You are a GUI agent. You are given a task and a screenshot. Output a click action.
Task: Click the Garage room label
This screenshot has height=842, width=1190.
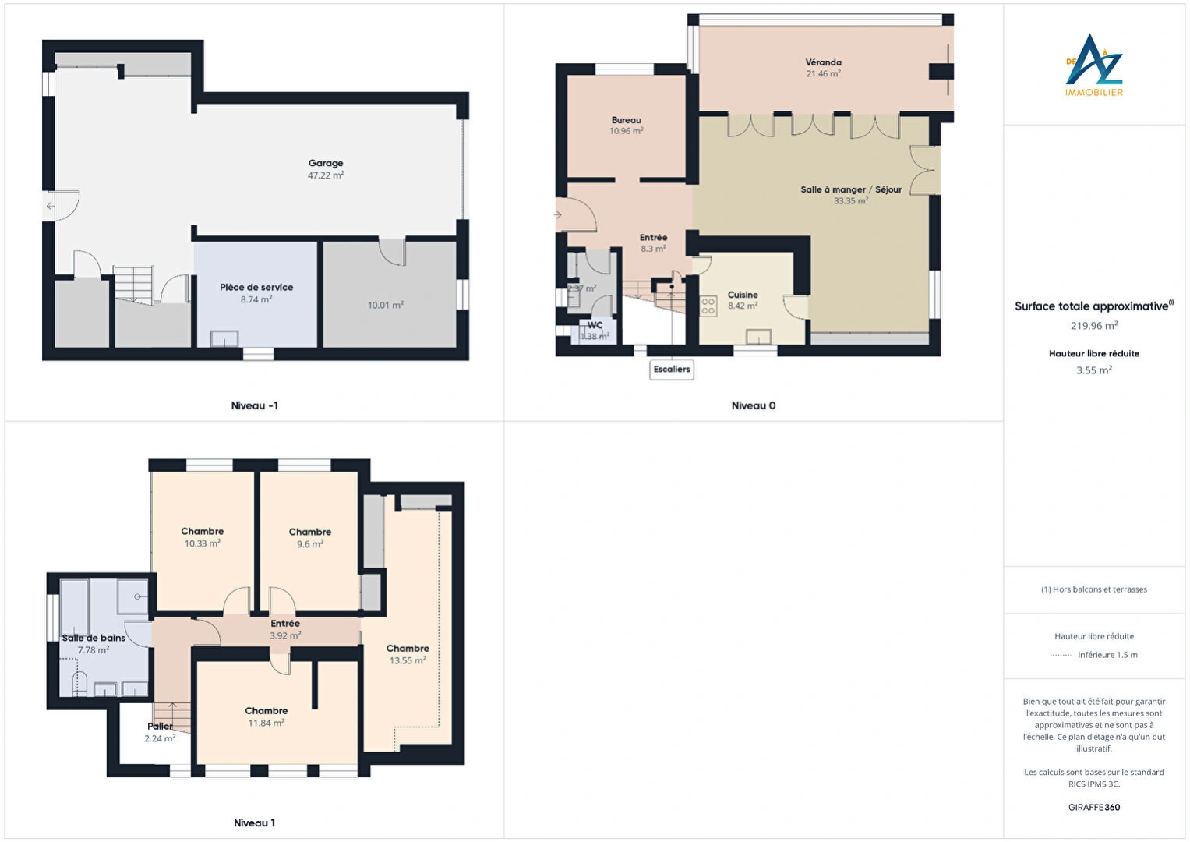click(x=326, y=164)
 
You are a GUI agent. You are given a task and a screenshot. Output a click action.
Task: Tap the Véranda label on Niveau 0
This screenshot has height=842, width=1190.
click(x=823, y=62)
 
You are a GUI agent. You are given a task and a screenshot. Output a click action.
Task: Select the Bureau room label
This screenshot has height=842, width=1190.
click(x=627, y=120)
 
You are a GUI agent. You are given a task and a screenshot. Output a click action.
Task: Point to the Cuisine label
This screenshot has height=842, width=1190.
click(x=743, y=295)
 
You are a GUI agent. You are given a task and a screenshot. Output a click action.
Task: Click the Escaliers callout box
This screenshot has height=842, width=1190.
click(x=672, y=370)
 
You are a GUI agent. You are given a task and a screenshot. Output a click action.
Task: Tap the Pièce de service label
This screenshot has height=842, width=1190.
click(x=256, y=288)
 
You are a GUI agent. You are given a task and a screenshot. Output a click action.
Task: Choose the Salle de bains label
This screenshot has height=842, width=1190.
click(x=94, y=638)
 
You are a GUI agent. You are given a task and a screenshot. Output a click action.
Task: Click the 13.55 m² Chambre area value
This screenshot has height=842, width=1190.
click(x=408, y=661)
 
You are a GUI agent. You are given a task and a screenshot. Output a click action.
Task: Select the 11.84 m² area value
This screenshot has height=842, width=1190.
click(x=267, y=723)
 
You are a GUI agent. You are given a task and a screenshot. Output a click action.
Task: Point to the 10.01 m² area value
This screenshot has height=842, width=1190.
click(x=386, y=306)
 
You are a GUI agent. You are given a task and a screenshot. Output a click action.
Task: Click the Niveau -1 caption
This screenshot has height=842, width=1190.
click(x=254, y=405)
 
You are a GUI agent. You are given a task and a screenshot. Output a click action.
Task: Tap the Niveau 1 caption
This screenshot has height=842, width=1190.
click(x=254, y=823)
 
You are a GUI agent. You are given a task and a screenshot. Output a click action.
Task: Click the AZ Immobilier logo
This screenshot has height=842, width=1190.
click(x=1094, y=65)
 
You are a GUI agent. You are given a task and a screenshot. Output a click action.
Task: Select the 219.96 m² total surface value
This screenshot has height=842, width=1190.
click(x=1094, y=326)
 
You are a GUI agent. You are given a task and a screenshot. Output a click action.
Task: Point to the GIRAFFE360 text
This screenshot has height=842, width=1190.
click(x=1094, y=808)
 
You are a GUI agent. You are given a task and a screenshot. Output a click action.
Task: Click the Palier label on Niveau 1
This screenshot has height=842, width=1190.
click(x=160, y=727)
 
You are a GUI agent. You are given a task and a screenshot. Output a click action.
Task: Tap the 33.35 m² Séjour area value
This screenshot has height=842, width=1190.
click(x=851, y=201)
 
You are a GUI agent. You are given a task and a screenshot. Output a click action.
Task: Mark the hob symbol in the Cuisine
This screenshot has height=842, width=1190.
click(x=708, y=306)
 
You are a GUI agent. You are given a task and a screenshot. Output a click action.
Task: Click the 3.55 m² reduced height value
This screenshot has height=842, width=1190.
click(x=1094, y=371)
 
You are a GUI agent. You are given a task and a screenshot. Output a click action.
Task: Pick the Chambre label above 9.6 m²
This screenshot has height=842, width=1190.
click(x=310, y=532)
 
